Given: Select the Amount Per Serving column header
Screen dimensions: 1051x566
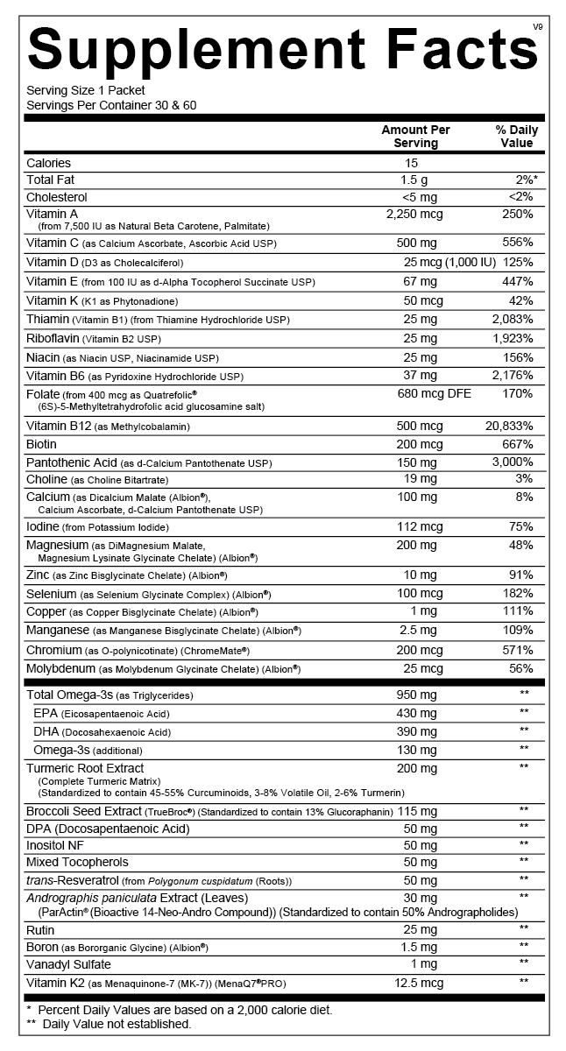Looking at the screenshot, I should coord(415,137).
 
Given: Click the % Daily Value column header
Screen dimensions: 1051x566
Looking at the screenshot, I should coord(516,137).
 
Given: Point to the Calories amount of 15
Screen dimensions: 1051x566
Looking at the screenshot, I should coord(412,163).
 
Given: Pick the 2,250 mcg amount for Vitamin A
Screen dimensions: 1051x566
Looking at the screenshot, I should coord(414,214).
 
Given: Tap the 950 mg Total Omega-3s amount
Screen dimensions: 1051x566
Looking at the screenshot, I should coord(416,695).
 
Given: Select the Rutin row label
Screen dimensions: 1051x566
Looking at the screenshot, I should coord(41,928).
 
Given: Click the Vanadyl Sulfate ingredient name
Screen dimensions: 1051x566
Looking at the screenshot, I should coord(68,964).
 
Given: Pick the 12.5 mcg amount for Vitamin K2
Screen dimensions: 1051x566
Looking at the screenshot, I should coord(420,983).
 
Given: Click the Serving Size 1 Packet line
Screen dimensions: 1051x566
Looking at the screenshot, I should coord(86,90).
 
